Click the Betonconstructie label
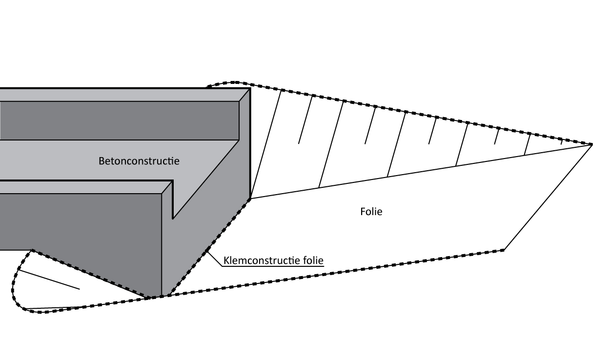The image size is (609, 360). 139,160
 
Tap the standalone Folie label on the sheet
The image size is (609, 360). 370,212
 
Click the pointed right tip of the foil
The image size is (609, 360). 591,144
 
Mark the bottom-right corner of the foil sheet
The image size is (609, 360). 504,250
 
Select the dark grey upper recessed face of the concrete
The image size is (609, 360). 117,120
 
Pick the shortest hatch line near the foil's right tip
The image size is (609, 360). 561,141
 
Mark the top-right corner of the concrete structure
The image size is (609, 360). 250,88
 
